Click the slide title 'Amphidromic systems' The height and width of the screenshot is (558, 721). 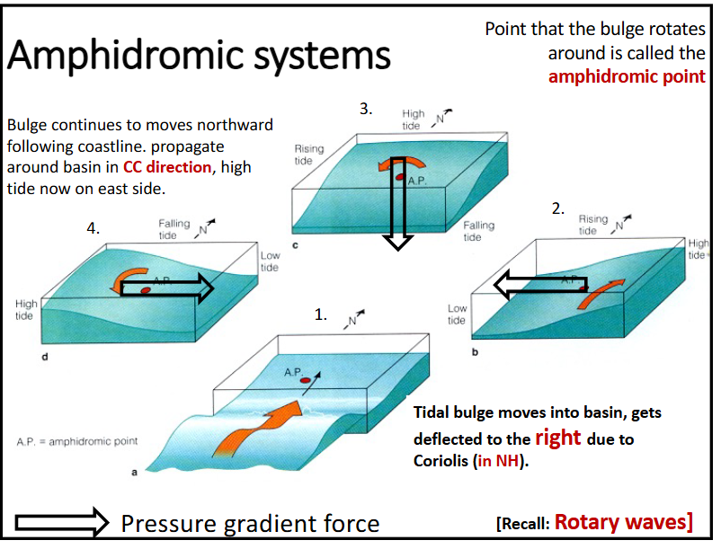pos(199,56)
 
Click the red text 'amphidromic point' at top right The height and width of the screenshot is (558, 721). pos(627,76)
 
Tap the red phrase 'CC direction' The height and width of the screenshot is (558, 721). pos(167,167)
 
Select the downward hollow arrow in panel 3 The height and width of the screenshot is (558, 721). pos(397,217)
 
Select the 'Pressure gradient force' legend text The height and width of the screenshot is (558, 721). pos(250,523)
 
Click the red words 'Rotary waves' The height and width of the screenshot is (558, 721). pos(622,522)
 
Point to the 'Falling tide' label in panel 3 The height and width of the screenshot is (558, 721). pos(478,231)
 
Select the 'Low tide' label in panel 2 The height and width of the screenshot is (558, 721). pos(457,314)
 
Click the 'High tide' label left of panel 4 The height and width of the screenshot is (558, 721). pos(26,310)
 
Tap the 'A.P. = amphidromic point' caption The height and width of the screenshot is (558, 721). pos(76,442)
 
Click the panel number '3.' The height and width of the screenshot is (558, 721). pos(366,109)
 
